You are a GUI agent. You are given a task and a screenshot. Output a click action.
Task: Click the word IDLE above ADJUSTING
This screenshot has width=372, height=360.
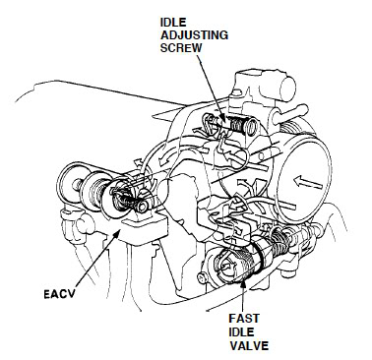[173, 23]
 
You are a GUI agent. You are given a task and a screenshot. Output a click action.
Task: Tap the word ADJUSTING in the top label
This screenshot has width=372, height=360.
[194, 35]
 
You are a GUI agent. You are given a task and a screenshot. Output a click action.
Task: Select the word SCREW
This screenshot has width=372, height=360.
[181, 47]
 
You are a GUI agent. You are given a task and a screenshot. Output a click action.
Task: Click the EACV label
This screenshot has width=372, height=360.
[60, 294]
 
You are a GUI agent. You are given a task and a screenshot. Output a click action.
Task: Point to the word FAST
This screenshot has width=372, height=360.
[244, 319]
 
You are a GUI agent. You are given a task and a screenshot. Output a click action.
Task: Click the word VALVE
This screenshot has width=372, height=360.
[249, 345]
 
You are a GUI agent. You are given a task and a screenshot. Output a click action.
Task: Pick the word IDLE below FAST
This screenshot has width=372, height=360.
[241, 331]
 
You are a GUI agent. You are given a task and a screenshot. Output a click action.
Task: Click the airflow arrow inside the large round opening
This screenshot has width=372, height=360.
[309, 183]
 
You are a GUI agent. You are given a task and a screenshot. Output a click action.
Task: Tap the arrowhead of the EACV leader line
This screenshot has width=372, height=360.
[116, 233]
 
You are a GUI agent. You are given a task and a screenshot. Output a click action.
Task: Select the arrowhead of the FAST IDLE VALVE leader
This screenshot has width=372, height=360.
[243, 283]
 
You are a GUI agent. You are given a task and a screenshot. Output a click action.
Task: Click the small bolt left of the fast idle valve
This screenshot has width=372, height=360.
[201, 278]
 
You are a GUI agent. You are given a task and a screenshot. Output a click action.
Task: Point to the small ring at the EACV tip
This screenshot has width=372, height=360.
[143, 207]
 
